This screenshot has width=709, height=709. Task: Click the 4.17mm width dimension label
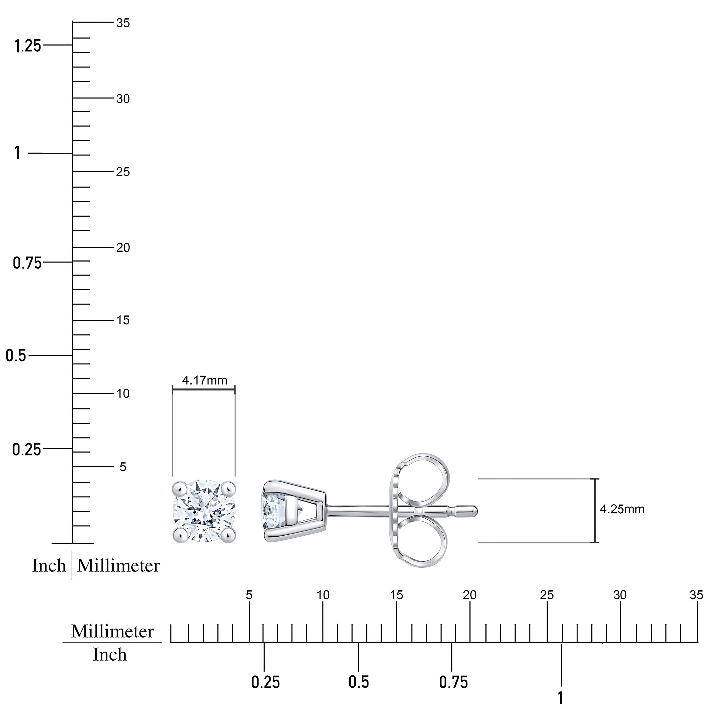(204, 380)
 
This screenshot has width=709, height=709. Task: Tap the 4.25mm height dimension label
(622, 509)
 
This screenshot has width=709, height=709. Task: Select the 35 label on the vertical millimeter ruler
(123, 23)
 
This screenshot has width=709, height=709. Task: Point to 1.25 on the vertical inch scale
(28, 46)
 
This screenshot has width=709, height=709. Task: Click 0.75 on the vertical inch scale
(28, 263)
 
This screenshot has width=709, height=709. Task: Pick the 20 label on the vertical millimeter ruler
(123, 248)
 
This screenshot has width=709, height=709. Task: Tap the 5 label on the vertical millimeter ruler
(123, 467)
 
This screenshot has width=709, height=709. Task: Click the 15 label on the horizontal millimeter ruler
(396, 595)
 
